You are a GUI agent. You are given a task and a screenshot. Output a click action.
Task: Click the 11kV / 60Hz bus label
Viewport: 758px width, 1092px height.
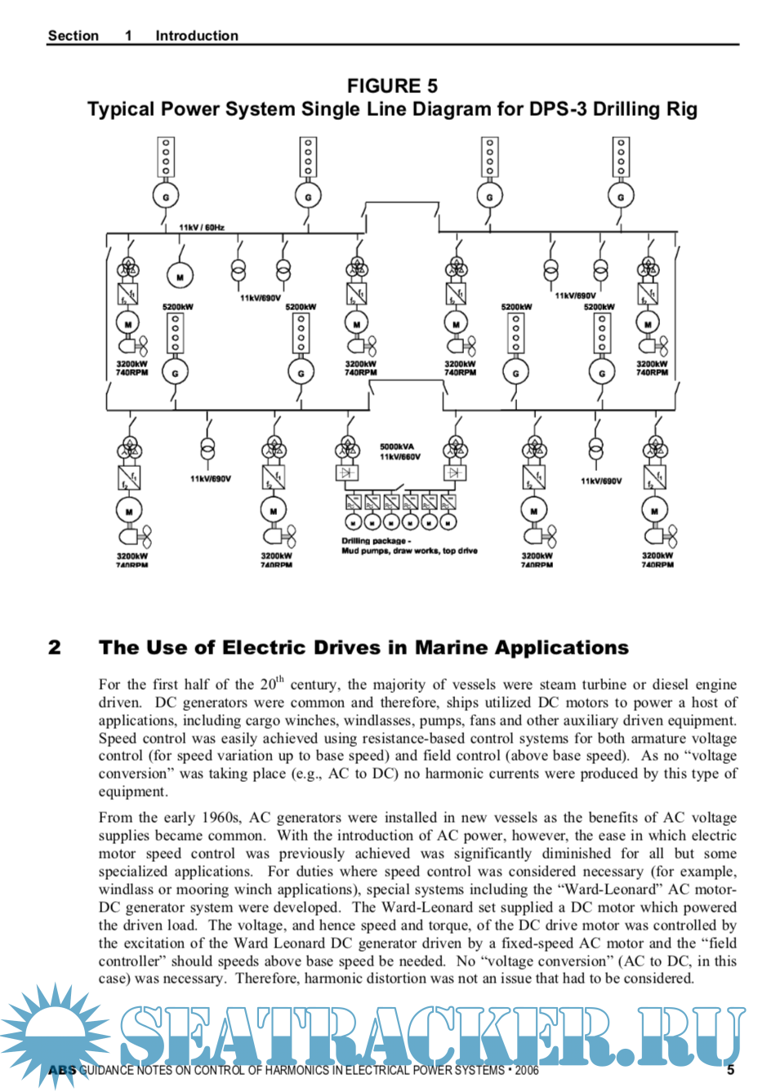coord(202,228)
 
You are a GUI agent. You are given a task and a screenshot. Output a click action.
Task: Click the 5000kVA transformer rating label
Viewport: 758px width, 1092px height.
coord(397,446)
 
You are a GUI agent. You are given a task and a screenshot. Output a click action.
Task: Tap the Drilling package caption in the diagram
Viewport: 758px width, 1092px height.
coord(376,540)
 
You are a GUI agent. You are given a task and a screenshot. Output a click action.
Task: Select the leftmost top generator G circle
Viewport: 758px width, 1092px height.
coord(166,197)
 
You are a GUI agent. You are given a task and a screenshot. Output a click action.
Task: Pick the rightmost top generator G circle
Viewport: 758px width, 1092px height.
coord(621,197)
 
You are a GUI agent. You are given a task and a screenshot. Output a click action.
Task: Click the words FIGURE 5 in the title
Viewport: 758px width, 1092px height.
coord(392,86)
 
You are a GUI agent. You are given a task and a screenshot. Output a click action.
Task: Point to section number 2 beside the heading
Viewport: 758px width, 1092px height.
coord(55,648)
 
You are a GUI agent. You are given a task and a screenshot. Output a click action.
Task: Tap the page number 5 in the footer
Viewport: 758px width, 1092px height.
coord(730,1069)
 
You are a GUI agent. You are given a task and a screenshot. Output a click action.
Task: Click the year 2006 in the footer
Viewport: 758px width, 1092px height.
coord(527,1070)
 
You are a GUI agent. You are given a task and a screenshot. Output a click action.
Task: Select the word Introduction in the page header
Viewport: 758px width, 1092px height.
coord(197,36)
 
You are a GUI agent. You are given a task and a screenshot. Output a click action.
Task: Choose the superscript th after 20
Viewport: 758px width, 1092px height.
coord(280,678)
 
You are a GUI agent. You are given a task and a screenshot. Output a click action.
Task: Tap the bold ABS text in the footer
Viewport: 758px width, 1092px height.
coord(62,1070)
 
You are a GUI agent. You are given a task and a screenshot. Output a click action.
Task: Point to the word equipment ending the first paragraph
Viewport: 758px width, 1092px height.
coord(132,792)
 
